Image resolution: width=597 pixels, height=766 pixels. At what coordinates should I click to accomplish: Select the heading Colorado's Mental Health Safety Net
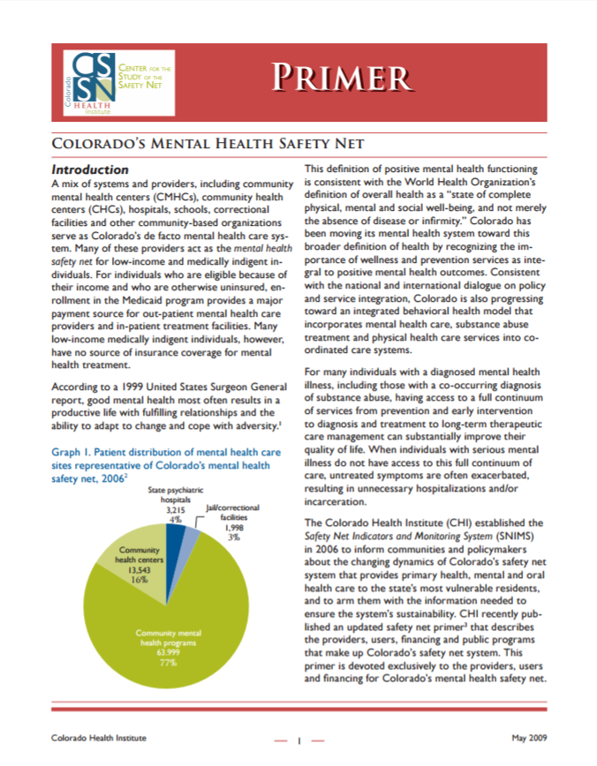point(208,143)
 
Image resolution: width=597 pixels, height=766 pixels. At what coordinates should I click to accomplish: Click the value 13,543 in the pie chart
point(138,570)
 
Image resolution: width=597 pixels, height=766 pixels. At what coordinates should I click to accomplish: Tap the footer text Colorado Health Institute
point(98,738)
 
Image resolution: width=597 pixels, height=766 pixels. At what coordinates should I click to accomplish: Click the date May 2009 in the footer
point(530,738)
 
